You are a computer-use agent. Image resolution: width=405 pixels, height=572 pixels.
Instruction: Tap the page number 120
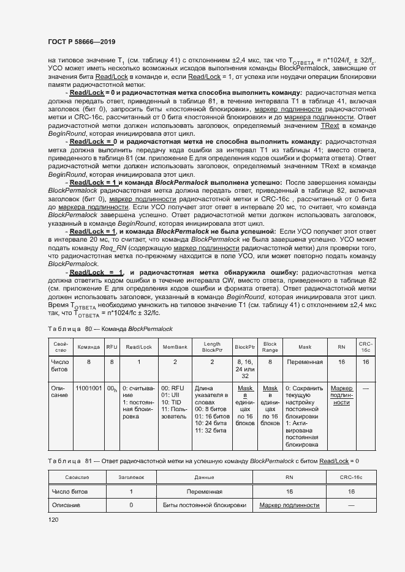tap(54, 519)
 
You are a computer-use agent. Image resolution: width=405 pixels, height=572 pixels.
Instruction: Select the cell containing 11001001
tap(89, 388)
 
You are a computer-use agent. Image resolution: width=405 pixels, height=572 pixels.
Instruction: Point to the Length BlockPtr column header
tap(211, 347)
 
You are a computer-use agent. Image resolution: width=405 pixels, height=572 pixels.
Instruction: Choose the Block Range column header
tap(270, 347)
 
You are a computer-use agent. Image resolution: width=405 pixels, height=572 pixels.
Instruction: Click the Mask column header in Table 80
tap(305, 347)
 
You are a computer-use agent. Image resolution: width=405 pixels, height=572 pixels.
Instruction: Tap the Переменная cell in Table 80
tap(305, 362)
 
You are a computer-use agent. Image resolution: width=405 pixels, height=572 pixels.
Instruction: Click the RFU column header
tap(112, 347)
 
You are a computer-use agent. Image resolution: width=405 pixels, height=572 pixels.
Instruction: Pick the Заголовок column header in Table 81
tap(131, 477)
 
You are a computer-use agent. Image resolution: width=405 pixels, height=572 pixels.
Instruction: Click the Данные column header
tap(204, 477)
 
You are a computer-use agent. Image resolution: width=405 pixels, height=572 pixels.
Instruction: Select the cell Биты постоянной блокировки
tap(204, 505)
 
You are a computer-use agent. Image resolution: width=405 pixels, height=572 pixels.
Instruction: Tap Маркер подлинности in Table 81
tap(289, 505)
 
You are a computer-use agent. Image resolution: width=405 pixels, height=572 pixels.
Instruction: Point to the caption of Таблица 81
tap(203, 460)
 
